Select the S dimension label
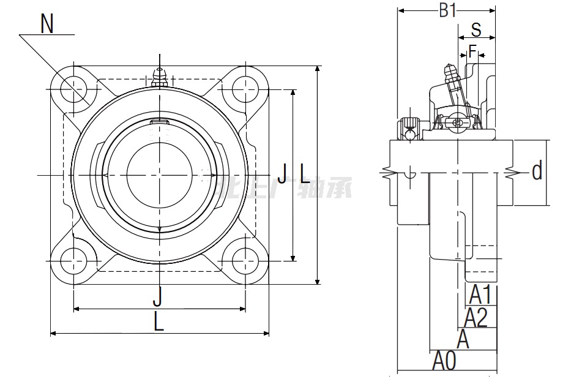tap(476, 29)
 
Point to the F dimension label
tap(472, 50)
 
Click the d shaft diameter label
tap(537, 171)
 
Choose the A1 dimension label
tap(480, 295)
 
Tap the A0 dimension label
tap(444, 361)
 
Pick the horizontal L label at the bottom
tap(159, 321)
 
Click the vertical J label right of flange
tap(282, 173)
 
